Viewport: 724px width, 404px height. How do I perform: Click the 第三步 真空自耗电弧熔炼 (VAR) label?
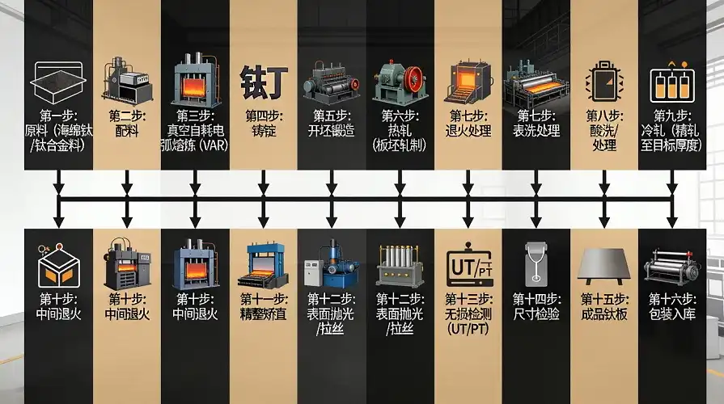coord(195,130)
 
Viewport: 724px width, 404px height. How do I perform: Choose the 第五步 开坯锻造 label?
coord(331,123)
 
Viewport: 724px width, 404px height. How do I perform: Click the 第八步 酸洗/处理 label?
coord(604,130)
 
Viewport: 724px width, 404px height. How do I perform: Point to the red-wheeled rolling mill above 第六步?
coord(400,81)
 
